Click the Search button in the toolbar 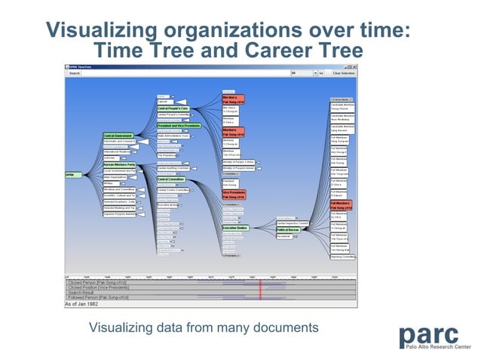click(x=74, y=73)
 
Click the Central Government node click(x=118, y=136)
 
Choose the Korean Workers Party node click(x=119, y=163)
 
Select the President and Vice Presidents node click(x=179, y=125)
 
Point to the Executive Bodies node click(x=235, y=227)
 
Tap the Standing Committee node click(x=342, y=257)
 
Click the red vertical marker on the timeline click(x=260, y=289)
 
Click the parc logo click(x=435, y=337)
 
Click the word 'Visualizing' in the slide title click(x=97, y=30)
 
